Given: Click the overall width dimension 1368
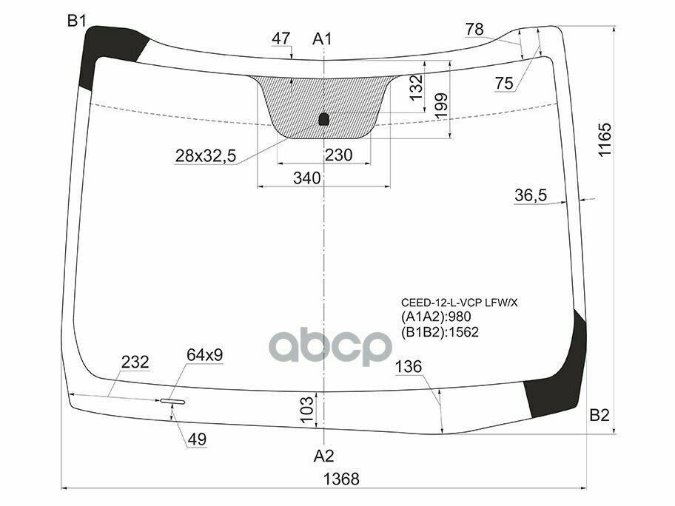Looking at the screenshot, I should pyautogui.click(x=340, y=479).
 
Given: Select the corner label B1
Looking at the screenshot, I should pyautogui.click(x=78, y=21).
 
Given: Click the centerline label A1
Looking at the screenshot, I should pyautogui.click(x=323, y=38).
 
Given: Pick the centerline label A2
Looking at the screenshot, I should pyautogui.click(x=323, y=455).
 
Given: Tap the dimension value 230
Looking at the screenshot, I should pyautogui.click(x=338, y=155).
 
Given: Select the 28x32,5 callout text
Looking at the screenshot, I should pyautogui.click(x=206, y=155).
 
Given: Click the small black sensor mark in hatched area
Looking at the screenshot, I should pyautogui.click(x=323, y=119).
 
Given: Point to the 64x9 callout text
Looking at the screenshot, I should pyautogui.click(x=204, y=356).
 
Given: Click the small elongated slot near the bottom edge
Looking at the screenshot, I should pyautogui.click(x=172, y=402).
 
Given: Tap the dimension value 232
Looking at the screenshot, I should pyautogui.click(x=136, y=362).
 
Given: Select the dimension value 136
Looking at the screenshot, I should pyautogui.click(x=409, y=367).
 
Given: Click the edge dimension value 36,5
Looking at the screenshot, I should pyautogui.click(x=531, y=195).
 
